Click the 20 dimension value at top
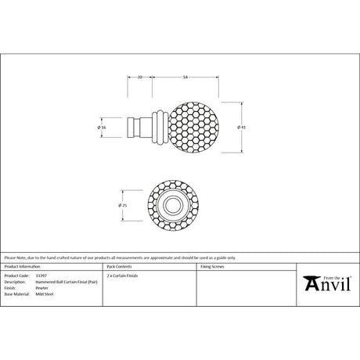(x=139, y=77)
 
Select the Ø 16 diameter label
(x=103, y=127)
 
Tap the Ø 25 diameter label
(x=122, y=206)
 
